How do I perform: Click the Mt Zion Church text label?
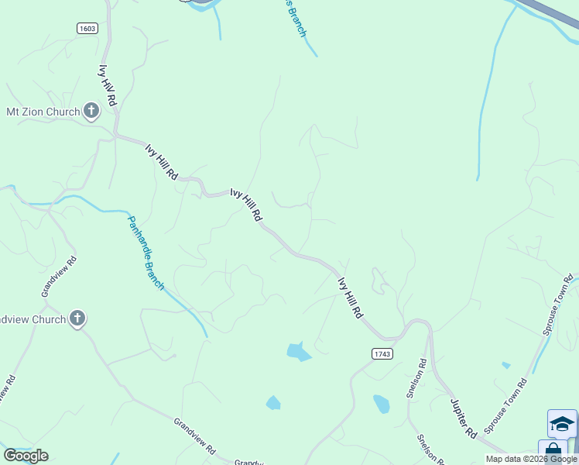[x=43, y=112]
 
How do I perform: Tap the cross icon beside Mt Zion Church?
[x=91, y=112]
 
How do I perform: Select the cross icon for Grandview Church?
[x=77, y=318]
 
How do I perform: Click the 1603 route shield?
[x=87, y=29]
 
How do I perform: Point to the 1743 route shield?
[x=382, y=353]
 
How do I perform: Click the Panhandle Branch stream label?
[x=146, y=253]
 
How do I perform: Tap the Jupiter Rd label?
[x=464, y=418]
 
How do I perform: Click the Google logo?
[x=26, y=456]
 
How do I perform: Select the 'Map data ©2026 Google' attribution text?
[x=532, y=459]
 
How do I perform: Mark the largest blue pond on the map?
[x=298, y=352]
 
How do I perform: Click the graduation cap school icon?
[x=562, y=424]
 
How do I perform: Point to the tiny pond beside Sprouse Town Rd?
[x=506, y=364]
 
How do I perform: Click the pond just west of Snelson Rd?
[x=381, y=404]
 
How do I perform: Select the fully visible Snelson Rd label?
[x=416, y=378]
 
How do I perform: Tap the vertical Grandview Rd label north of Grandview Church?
[x=60, y=277]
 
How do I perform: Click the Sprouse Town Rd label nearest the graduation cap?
[x=505, y=406]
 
